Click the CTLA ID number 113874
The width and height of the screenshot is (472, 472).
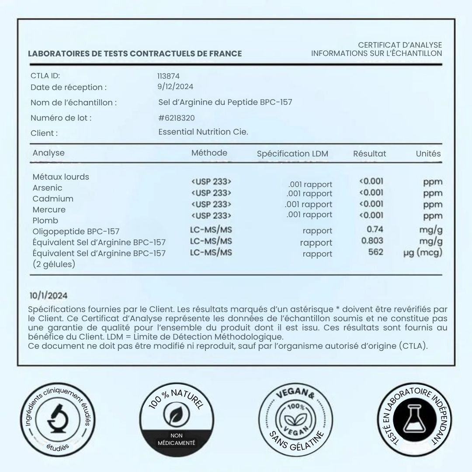pos(169,76)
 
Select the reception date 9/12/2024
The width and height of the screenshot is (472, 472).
pos(175,87)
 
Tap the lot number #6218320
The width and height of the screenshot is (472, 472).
pos(177,118)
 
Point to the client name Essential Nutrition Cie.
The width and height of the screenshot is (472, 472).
pos(203,132)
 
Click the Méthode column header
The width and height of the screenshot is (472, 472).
pos(209,153)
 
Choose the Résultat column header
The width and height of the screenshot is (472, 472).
pos(370,154)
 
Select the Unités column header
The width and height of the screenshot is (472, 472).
pos(428,154)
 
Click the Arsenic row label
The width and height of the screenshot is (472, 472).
pos(47,188)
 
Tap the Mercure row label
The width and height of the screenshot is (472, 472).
pos(49,210)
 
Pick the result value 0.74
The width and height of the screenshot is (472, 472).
pos(375,229)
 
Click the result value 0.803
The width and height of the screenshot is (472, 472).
pos(372,241)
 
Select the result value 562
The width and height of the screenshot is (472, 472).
pos(376,252)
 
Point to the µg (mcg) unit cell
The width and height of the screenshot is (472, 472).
pos(423,253)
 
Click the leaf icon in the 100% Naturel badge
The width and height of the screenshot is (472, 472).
pos(177,415)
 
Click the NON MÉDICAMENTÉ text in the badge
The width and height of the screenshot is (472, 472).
pos(177,439)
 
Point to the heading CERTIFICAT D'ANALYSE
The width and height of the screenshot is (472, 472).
pos(400,45)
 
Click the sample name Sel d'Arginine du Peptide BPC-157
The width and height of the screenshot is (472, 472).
pos(225,102)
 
